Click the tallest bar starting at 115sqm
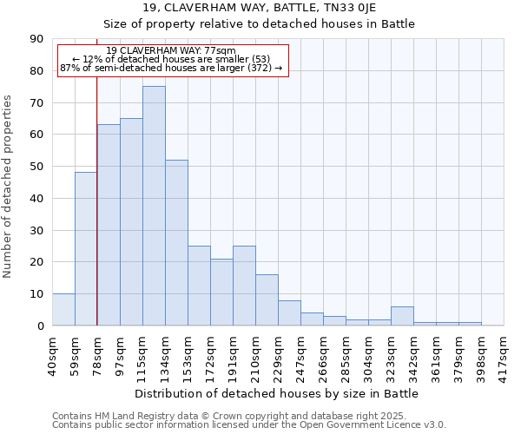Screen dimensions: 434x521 154,206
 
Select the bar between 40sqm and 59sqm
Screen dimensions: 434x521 63,309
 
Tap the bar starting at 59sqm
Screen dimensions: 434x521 86,248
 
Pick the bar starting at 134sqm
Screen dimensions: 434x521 176,242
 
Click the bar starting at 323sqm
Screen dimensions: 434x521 402,316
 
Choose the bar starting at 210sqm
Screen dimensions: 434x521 267,299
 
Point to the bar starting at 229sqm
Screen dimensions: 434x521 289,312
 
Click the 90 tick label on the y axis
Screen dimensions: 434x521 37,39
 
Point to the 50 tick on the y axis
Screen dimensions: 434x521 37,167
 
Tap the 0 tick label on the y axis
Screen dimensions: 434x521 41,325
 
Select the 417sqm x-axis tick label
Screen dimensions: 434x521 505,353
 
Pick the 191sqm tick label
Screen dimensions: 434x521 233,353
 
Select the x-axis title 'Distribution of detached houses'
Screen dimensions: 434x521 277,393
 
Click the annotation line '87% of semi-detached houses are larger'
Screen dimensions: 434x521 171,68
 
